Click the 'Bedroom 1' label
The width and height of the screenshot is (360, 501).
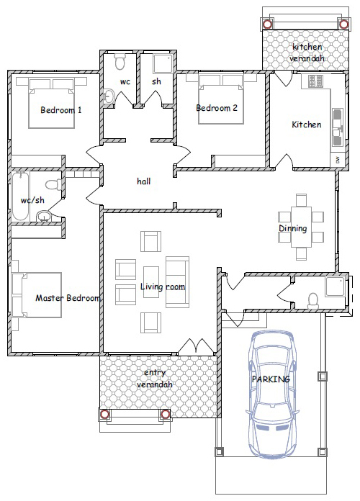(60, 110)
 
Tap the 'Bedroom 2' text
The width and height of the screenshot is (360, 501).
(217, 108)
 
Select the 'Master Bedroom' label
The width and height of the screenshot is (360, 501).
(68, 298)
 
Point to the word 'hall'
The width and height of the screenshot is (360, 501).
(143, 181)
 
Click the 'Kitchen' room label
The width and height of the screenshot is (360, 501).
(306, 125)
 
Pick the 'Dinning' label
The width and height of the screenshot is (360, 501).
(293, 228)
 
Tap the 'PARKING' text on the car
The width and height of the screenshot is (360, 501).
(271, 379)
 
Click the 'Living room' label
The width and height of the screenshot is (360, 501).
(163, 286)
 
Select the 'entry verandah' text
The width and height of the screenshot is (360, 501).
(155, 379)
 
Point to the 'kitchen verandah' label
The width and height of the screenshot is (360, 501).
(307, 53)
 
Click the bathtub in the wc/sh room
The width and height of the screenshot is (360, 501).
(21, 197)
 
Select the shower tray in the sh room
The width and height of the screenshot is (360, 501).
(163, 64)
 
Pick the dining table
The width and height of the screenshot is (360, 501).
(301, 227)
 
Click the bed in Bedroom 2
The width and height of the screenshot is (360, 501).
(220, 99)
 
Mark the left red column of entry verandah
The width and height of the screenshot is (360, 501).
(104, 415)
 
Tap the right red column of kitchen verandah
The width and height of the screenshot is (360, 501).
(343, 24)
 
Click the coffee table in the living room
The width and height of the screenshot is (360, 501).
(151, 282)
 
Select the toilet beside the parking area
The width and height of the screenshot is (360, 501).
(313, 301)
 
